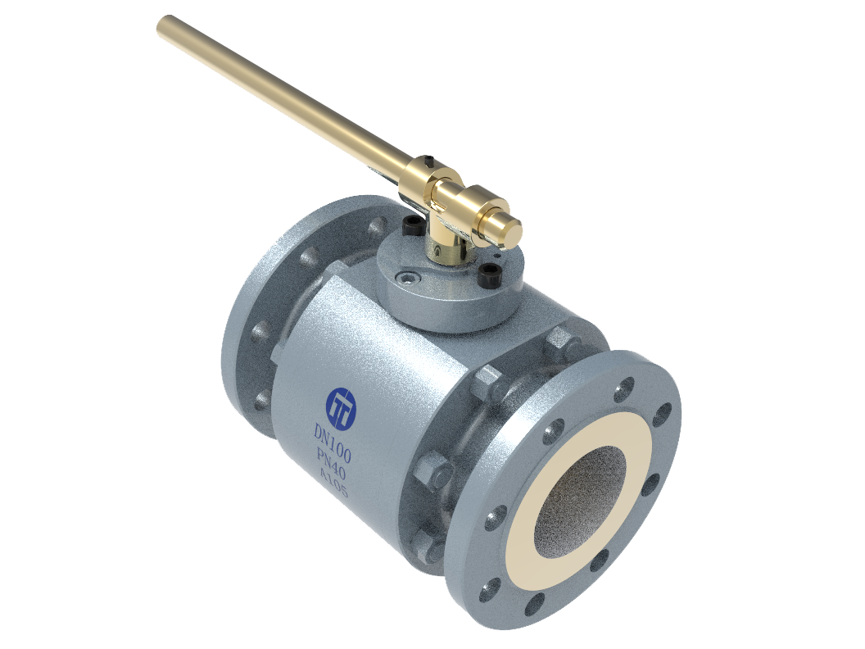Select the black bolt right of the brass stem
click(488, 271)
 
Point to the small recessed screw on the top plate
click(408, 277)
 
